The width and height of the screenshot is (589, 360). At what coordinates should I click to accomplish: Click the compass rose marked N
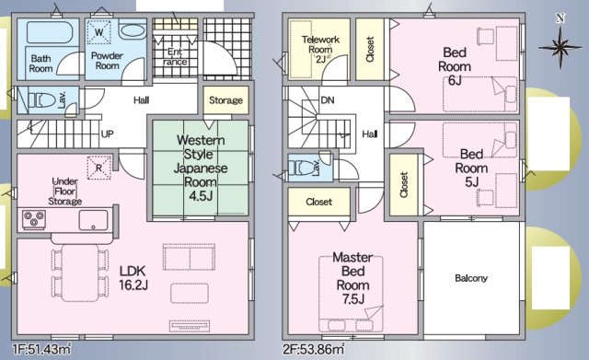coord(560,47)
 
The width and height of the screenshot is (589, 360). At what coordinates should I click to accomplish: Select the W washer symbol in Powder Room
coord(98,32)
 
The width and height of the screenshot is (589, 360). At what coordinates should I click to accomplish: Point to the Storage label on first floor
coord(225,100)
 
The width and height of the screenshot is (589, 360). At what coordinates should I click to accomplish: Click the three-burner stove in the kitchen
coord(34,219)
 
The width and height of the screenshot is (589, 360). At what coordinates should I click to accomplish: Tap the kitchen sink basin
coord(93,220)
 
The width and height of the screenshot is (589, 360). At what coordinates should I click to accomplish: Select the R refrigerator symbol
coord(99,168)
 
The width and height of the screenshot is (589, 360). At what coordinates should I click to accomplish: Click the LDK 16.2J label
coord(133,278)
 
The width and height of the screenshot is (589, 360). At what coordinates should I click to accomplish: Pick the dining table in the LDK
coord(80,273)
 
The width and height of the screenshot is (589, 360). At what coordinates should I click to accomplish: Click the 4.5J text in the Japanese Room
coord(201,196)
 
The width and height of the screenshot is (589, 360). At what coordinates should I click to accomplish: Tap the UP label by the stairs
coord(107,134)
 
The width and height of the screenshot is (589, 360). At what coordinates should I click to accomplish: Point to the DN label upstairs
coord(328,100)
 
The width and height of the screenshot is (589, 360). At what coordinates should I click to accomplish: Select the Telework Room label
coord(320,44)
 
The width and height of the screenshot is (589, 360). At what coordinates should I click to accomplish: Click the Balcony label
coord(471,278)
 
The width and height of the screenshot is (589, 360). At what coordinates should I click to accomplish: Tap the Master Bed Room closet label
coord(319,202)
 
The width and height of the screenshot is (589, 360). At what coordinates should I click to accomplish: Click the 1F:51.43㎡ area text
coord(41,350)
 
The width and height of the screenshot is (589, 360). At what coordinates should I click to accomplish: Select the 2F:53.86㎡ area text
coord(313,350)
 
